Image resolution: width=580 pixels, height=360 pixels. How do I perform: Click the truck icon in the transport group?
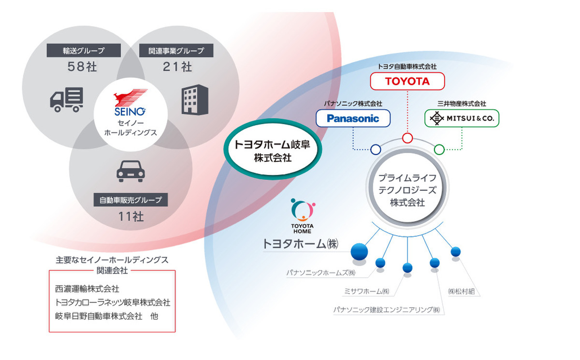(x=66, y=100)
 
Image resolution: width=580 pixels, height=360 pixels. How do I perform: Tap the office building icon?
(x=195, y=100)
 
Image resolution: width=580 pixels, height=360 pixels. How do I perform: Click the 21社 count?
(x=177, y=67)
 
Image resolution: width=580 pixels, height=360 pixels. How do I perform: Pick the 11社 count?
(x=130, y=216)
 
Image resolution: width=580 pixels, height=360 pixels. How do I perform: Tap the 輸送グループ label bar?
(x=83, y=50)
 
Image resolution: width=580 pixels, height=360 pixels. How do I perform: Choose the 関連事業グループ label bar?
(x=177, y=50)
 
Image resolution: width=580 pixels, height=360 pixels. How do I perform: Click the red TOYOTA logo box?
(x=407, y=81)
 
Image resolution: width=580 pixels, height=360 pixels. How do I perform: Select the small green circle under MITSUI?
(x=439, y=149)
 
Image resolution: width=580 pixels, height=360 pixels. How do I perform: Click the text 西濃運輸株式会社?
(x=87, y=289)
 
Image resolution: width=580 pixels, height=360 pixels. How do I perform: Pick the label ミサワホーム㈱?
(x=365, y=291)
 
